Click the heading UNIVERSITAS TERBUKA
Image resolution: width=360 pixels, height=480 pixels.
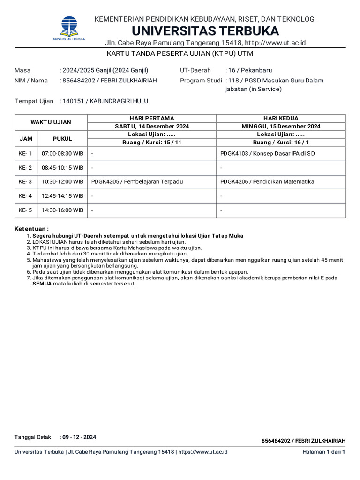[x=205, y=31]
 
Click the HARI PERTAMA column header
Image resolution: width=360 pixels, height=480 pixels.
[x=151, y=118]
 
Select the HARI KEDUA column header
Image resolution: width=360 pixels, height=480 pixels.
[x=281, y=118]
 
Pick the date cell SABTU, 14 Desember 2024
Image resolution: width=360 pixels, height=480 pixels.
[x=151, y=127]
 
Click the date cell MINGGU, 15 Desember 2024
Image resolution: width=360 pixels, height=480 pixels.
[x=281, y=127]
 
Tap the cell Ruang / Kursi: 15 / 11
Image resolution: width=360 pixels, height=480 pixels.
[x=151, y=142]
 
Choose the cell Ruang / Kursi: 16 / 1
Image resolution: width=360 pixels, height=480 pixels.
[x=281, y=142]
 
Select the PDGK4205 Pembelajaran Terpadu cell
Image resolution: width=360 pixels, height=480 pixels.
[x=137, y=182]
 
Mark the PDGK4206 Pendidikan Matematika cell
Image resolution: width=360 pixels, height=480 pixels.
[x=267, y=182]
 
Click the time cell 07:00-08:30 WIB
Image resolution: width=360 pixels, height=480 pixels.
[x=62, y=154]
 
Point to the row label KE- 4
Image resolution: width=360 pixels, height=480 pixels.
[x=25, y=196]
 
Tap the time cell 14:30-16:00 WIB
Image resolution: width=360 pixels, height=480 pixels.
[x=62, y=210]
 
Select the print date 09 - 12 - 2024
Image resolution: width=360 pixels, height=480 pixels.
[x=79, y=437]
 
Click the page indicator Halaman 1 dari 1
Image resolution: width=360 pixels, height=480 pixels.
[x=324, y=452]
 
